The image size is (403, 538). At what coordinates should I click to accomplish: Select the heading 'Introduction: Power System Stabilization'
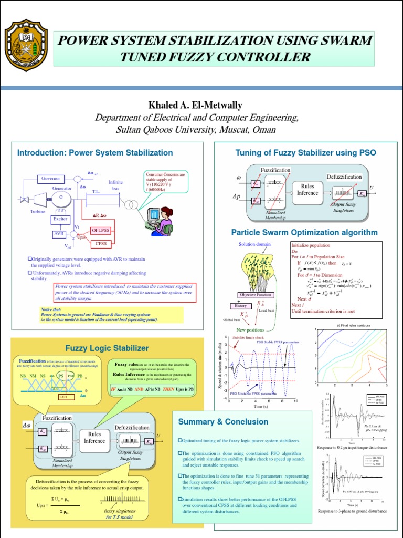(95, 153)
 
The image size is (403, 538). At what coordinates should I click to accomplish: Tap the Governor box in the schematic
(51, 179)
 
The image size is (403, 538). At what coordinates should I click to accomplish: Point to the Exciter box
(61, 218)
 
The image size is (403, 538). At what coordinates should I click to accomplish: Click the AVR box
(59, 234)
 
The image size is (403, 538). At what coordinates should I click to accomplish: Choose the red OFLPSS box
(101, 230)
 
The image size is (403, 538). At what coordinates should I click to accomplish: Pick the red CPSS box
(101, 243)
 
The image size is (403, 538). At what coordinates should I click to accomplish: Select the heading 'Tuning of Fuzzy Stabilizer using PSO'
(306, 153)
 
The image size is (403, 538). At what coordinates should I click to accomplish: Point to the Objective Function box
(256, 295)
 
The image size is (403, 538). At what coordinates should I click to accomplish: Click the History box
(240, 306)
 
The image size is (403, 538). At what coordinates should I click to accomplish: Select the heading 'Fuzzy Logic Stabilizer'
(107, 348)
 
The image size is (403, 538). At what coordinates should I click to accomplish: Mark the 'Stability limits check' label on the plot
(248, 337)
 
